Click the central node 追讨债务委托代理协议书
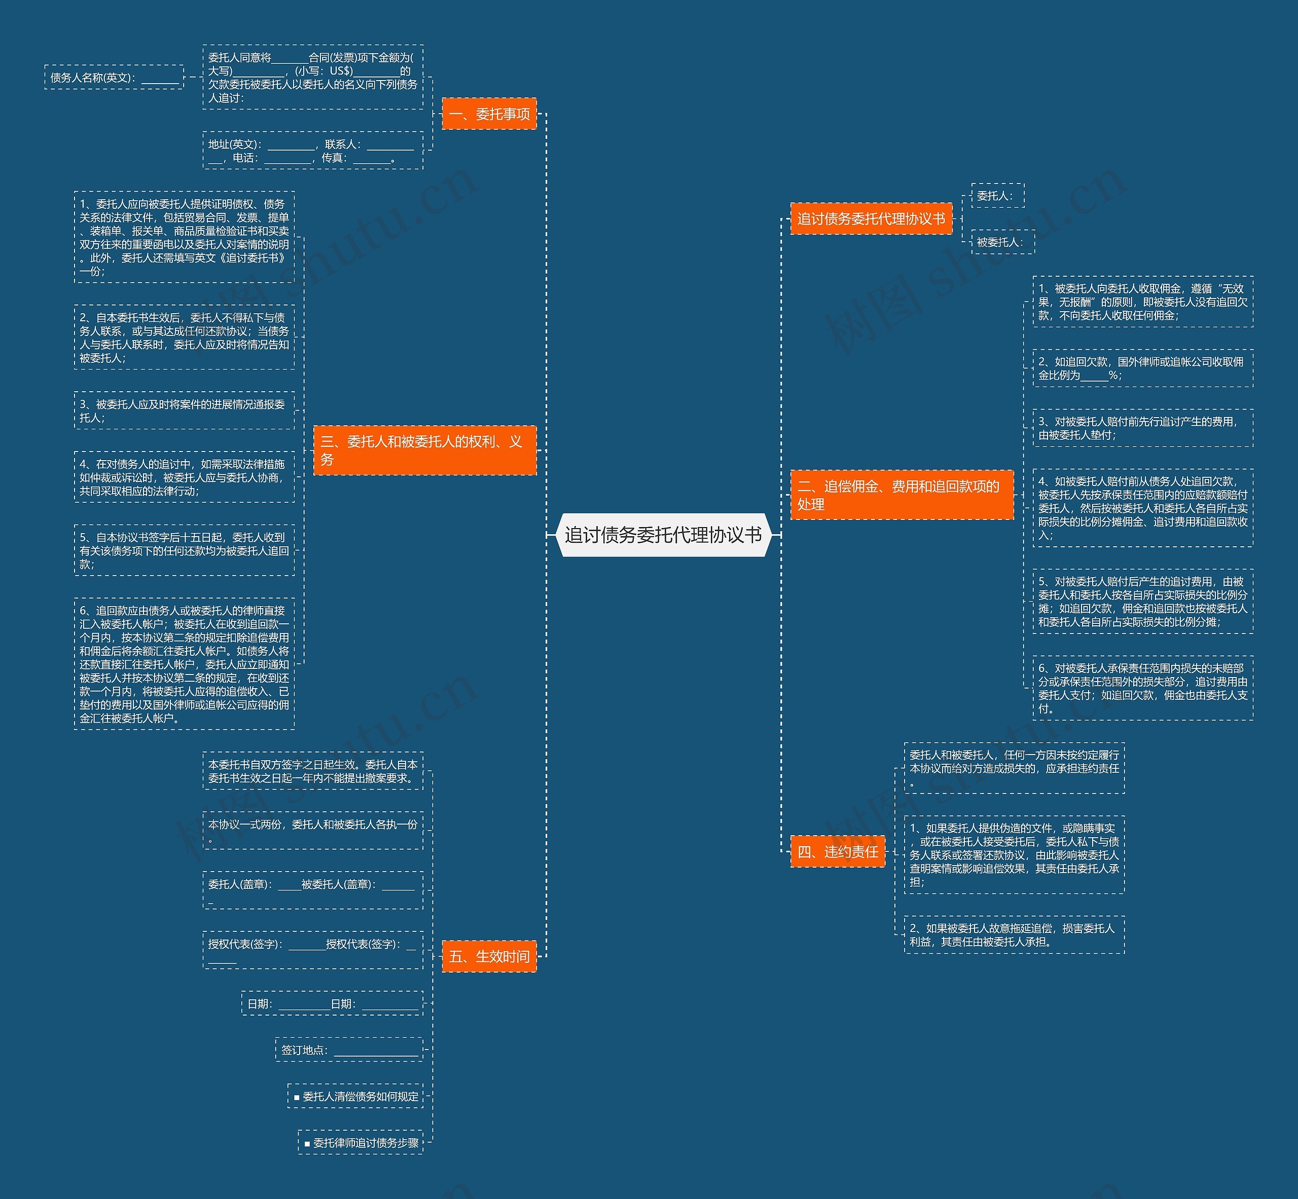[663, 535]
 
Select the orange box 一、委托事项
[489, 114]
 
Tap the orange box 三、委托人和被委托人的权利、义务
[424, 451]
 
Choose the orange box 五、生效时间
[489, 956]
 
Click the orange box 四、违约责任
[837, 852]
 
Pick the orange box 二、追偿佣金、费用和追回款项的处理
[902, 495]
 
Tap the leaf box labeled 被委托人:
[1002, 242]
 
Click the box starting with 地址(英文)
[313, 151]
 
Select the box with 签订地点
[349, 1050]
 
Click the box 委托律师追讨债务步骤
[361, 1143]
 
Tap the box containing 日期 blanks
[332, 1004]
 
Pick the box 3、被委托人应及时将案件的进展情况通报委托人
[185, 410]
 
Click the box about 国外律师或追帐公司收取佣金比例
[1143, 368]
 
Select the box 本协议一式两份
[313, 831]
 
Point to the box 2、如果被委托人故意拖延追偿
[1014, 935]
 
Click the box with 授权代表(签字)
[313, 951]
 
